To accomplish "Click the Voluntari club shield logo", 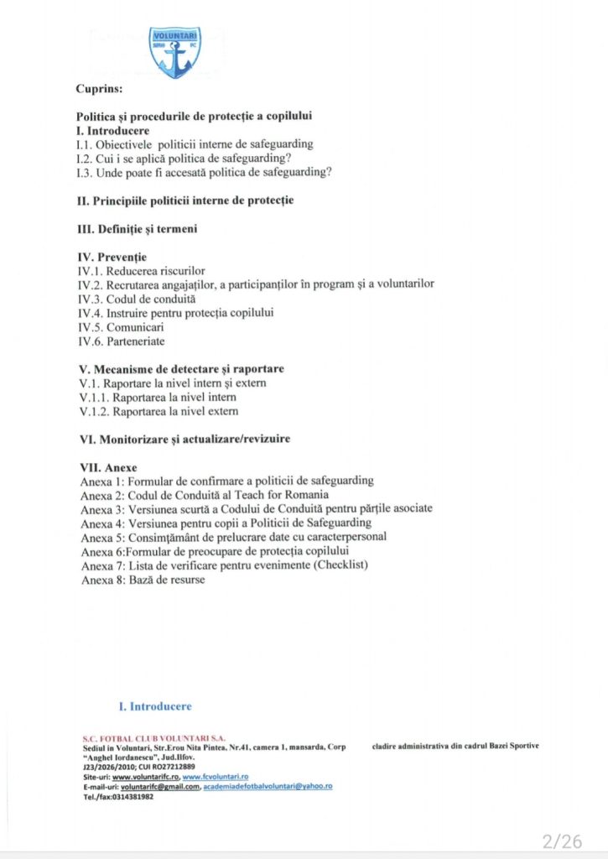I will point(174,51).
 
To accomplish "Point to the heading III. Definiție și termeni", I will point(137,228).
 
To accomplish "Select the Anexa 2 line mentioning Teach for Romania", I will point(205,495).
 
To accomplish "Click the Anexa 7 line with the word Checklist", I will point(224,565).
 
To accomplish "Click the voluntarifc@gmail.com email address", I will point(160,787).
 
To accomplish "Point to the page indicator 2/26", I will point(561,841).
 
